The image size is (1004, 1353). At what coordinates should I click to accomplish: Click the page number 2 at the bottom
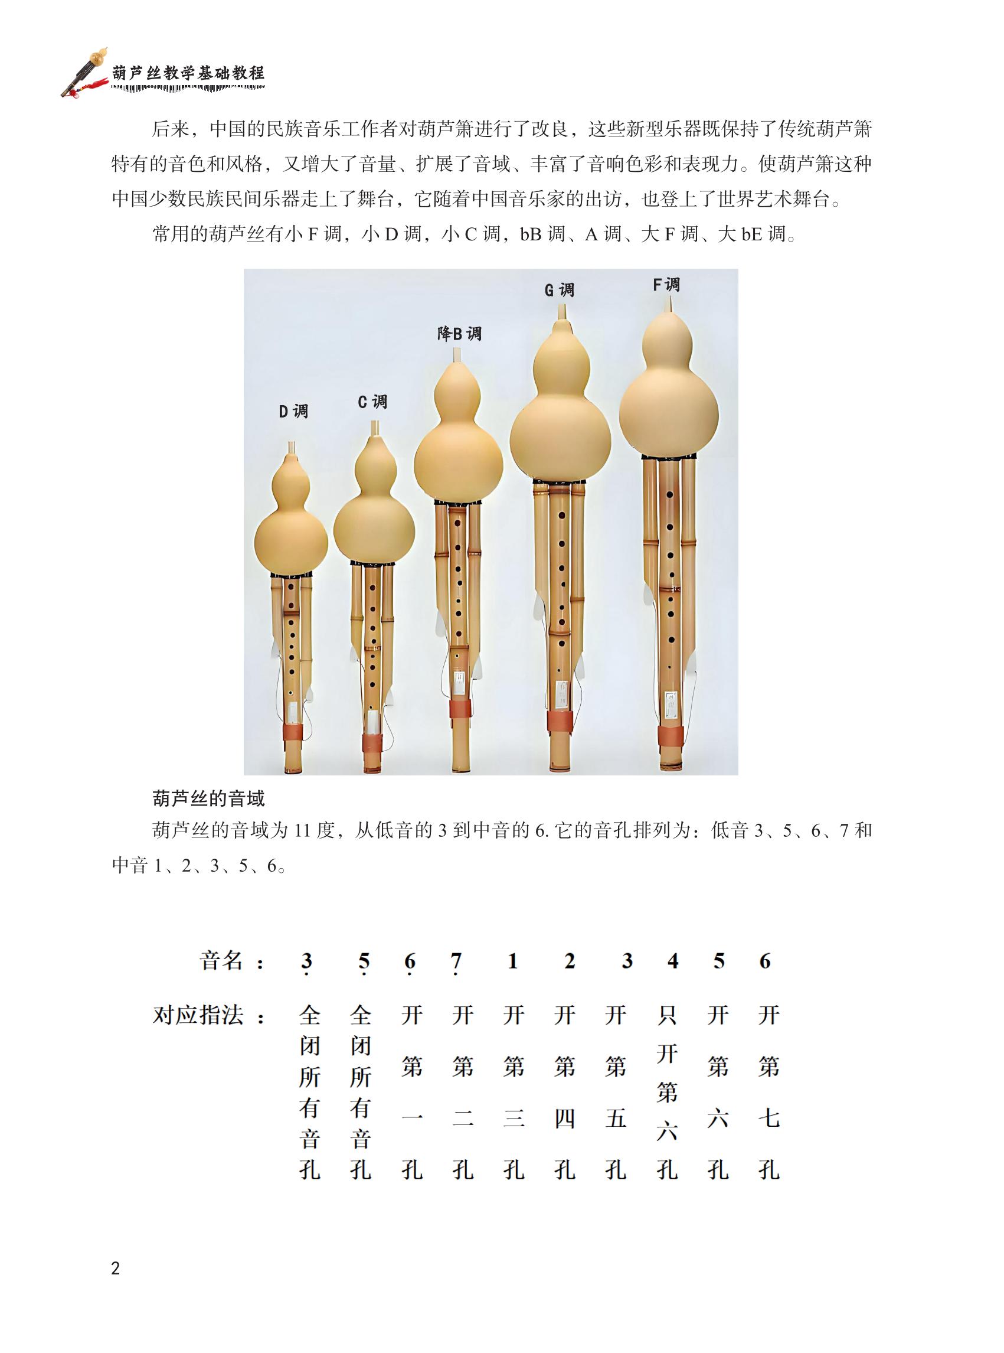click(x=116, y=1268)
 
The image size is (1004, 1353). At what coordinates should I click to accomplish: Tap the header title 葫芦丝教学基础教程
click(x=188, y=74)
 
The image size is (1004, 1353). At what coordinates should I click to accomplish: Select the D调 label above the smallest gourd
click(x=293, y=412)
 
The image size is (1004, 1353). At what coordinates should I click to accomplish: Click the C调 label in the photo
click(x=372, y=402)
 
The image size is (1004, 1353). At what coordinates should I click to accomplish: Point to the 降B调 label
click(x=459, y=333)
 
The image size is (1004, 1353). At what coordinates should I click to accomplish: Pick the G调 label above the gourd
click(x=558, y=290)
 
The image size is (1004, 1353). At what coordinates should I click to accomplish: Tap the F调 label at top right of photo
click(x=666, y=285)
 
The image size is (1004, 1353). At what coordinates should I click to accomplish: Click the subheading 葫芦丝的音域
click(x=208, y=798)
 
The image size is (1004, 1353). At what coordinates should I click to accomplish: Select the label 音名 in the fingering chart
click(x=221, y=961)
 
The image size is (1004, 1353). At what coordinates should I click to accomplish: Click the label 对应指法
click(x=198, y=1015)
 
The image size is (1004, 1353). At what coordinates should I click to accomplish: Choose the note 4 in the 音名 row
click(x=672, y=961)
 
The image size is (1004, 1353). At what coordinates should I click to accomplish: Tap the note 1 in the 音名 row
click(x=512, y=961)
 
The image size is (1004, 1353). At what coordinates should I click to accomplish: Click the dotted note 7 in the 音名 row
click(x=456, y=963)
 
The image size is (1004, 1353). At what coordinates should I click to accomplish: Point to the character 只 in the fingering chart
click(x=667, y=1015)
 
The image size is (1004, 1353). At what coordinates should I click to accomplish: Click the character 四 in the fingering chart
click(x=565, y=1119)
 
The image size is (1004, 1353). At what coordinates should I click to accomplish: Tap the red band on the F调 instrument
click(x=671, y=737)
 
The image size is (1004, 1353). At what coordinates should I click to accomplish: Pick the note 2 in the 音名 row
click(x=570, y=961)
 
